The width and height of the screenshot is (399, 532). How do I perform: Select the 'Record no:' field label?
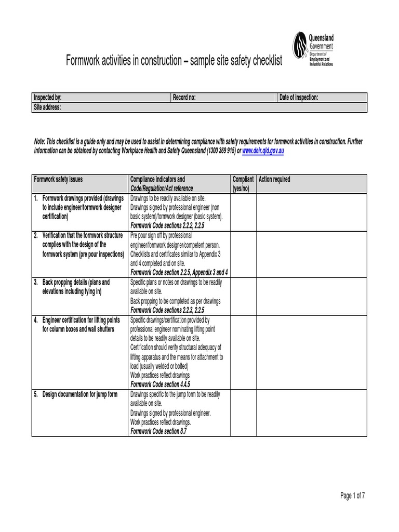click(184, 98)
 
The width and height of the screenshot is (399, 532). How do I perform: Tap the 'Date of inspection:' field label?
click(299, 98)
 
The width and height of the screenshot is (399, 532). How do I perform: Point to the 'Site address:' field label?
click(47, 107)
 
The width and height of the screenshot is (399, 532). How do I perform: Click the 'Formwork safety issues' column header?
click(58, 180)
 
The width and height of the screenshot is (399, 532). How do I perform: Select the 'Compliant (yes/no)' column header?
click(243, 184)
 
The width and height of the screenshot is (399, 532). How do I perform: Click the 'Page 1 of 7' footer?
click(353, 496)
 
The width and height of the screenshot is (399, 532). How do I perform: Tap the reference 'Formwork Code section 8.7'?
click(158, 431)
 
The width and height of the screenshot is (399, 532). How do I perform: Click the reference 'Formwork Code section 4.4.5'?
click(161, 384)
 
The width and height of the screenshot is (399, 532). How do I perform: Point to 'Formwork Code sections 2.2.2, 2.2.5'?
click(168, 226)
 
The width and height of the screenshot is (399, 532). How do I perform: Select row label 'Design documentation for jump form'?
click(79, 394)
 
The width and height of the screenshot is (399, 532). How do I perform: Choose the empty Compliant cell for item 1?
click(243, 212)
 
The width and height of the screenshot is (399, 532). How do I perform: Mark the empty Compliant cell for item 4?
click(243, 352)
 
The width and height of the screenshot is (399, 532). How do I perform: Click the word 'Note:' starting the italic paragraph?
click(40, 141)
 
